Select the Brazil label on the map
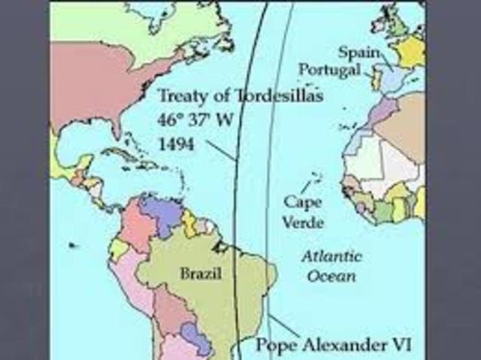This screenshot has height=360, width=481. [x=201, y=274]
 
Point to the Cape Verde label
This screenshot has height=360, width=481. [x=304, y=212]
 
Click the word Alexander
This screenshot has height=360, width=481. [x=339, y=346]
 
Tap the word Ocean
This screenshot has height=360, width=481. [x=331, y=275]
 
